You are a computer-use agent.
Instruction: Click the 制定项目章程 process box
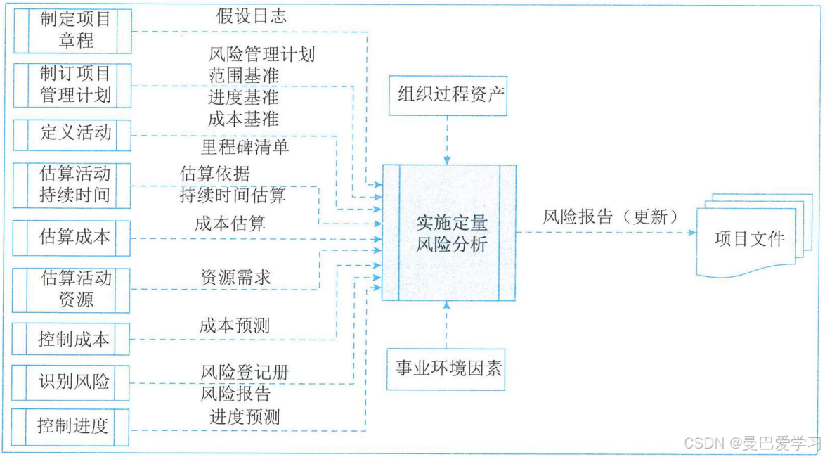[x=72, y=31]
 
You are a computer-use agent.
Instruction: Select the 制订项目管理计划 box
[x=72, y=85]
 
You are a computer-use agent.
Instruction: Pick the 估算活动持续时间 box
[x=72, y=185]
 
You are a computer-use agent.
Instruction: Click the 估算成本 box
[x=72, y=238]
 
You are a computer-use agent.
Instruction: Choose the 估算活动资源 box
[x=72, y=290]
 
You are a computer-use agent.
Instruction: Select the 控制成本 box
[x=72, y=340]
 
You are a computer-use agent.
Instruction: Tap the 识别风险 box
[x=72, y=382]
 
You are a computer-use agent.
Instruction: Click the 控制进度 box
[x=72, y=426]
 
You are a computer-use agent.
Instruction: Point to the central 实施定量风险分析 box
[x=450, y=233]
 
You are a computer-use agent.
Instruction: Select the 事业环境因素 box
[x=448, y=368]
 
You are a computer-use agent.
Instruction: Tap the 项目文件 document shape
[x=748, y=240]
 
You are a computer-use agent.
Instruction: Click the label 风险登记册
[x=245, y=372]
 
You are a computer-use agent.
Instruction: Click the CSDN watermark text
[x=752, y=443]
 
